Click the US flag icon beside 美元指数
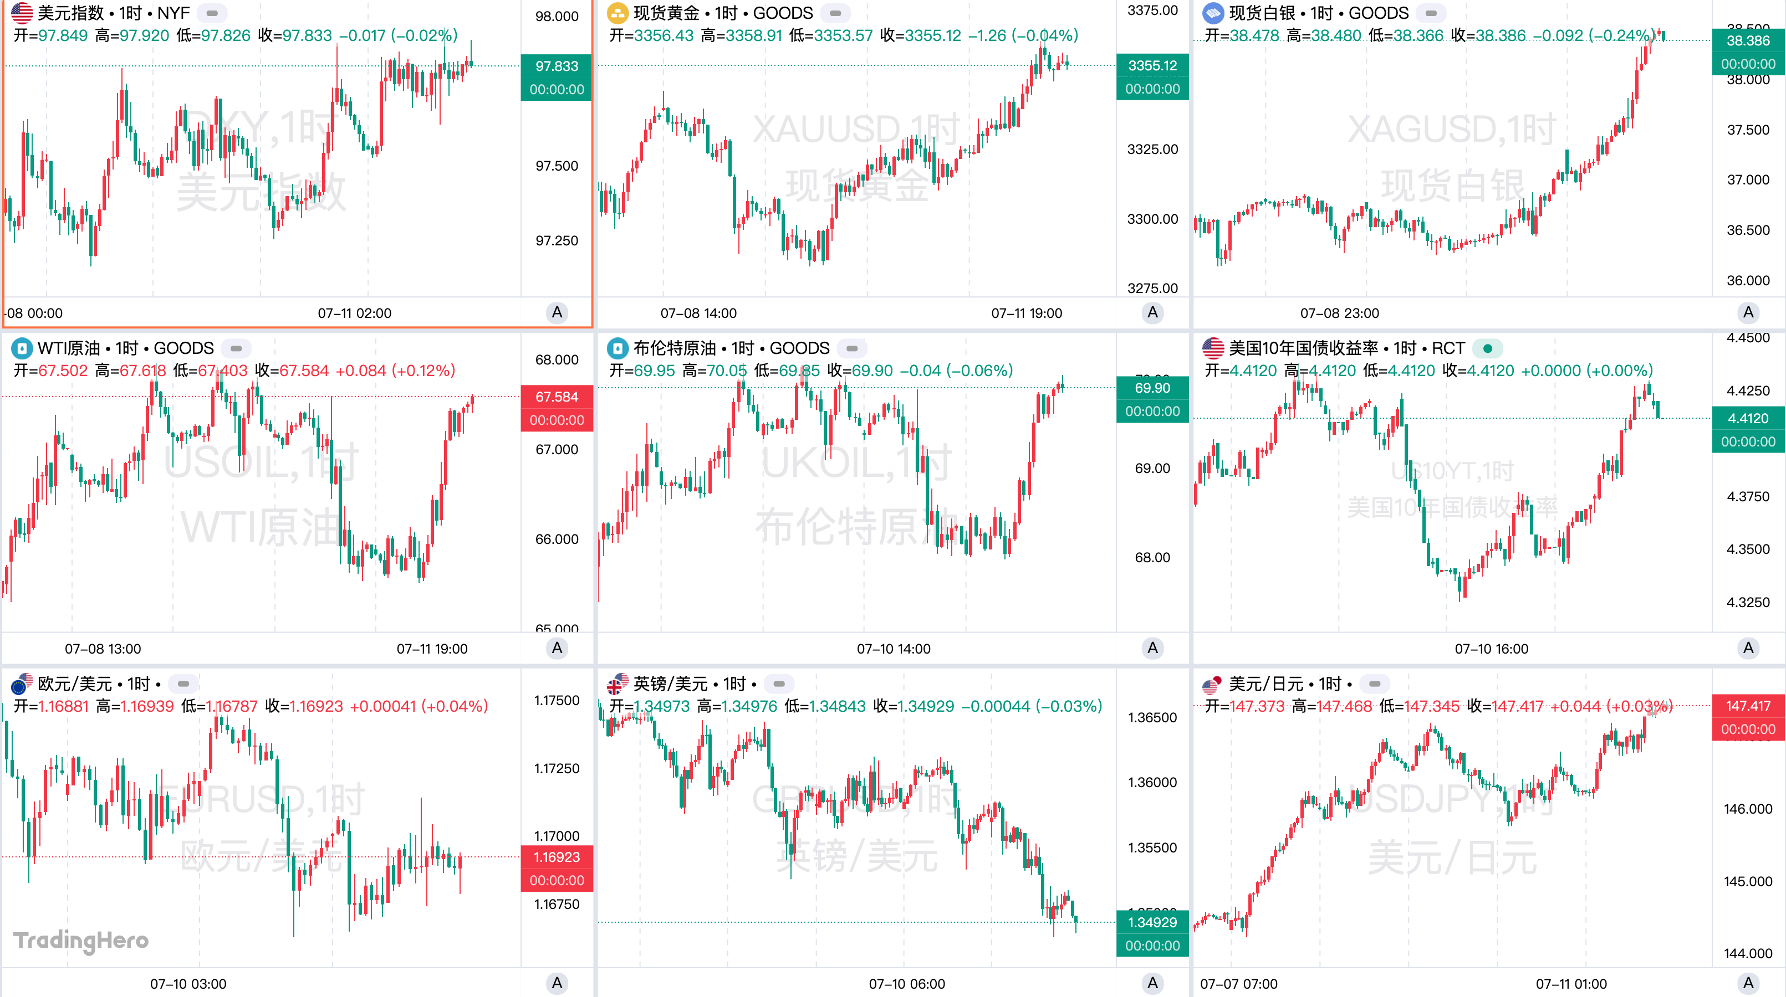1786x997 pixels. (22, 13)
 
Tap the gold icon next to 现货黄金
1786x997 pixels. (617, 13)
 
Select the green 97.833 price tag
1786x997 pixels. (556, 66)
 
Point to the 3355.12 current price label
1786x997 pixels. (1152, 66)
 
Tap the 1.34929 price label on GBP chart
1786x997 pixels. (1152, 922)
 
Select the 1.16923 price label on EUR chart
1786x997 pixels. (556, 857)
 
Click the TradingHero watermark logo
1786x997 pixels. (81, 940)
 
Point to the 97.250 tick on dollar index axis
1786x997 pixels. (556, 240)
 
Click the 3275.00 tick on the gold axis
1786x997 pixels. (1152, 288)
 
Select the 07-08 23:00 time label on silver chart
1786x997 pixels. (1339, 313)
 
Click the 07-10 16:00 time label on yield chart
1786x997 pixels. (1491, 649)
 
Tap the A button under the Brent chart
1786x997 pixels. (1152, 649)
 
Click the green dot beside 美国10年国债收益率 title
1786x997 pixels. (1487, 348)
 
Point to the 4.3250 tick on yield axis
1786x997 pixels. (1747, 602)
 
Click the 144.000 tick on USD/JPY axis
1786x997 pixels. (1747, 953)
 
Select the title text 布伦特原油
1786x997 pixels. (674, 348)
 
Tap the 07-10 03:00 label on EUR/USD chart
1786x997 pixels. (188, 984)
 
